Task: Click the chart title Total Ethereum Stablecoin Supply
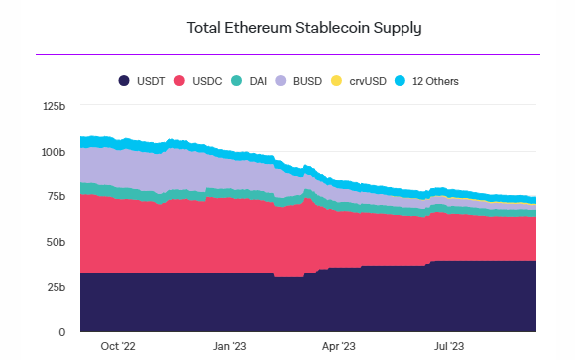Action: pyautogui.click(x=304, y=27)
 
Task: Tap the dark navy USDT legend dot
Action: pyautogui.click(x=124, y=80)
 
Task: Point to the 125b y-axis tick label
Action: pyautogui.click(x=53, y=107)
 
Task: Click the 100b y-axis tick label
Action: pyautogui.click(x=53, y=152)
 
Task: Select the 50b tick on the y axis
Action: pyautogui.click(x=56, y=242)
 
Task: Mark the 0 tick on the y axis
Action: pyautogui.click(x=61, y=331)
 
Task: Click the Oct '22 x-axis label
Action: pyautogui.click(x=118, y=346)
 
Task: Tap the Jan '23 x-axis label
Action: pyautogui.click(x=230, y=346)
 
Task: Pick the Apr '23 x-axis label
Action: pyautogui.click(x=339, y=346)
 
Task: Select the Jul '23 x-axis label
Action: pyautogui.click(x=450, y=346)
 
